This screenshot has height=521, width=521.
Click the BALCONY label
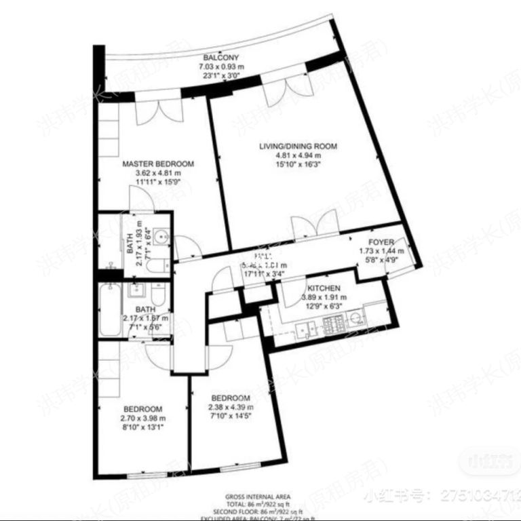point(220,58)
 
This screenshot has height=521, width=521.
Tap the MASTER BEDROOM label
point(158,163)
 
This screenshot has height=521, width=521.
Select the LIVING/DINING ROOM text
point(298,146)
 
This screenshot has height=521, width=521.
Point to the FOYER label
point(381,242)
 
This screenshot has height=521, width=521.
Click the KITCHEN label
point(324,288)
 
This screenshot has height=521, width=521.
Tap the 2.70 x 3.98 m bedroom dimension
point(142,418)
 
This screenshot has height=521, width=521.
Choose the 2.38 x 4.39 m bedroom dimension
point(230,407)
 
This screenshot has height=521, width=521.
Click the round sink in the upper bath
point(161,238)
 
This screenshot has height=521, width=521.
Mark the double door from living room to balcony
point(285,92)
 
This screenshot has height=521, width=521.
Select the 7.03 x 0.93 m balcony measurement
point(220,67)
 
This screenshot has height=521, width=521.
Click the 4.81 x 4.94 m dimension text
point(298,155)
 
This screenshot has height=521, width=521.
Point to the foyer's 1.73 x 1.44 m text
point(381,250)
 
